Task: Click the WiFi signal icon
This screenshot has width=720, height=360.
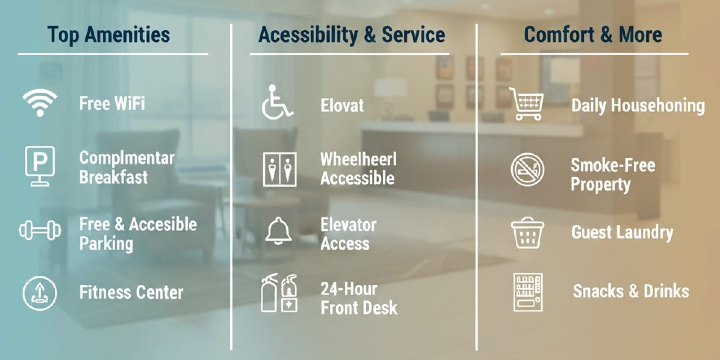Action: tap(40, 103)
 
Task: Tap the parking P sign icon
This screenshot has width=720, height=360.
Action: tap(40, 166)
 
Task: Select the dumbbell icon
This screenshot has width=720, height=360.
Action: tap(40, 230)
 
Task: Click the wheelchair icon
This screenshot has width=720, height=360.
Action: tap(277, 102)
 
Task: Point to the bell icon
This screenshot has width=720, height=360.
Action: tap(278, 231)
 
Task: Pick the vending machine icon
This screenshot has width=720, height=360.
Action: tap(528, 292)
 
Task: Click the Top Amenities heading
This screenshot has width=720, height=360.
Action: tap(109, 35)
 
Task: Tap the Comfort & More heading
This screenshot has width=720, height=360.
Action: tap(593, 35)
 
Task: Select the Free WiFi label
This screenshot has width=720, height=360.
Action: tap(112, 103)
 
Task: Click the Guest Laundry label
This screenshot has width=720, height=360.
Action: tap(622, 233)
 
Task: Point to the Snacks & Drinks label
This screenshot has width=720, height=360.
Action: tap(631, 291)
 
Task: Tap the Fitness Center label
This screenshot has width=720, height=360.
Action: tap(131, 292)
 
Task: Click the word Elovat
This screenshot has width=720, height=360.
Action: tap(342, 105)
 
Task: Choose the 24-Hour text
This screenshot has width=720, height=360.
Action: tap(349, 289)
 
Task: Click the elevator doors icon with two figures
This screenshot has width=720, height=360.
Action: tap(280, 169)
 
